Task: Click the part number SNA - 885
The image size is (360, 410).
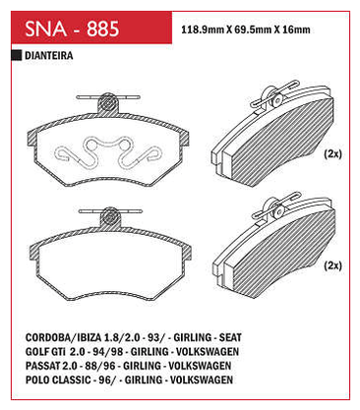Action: click(72, 29)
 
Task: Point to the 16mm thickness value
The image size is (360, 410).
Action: click(296, 29)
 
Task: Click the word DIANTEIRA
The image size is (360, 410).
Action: click(49, 55)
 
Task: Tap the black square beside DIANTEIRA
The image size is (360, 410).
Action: click(17, 55)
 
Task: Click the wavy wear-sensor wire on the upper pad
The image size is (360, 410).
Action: click(108, 152)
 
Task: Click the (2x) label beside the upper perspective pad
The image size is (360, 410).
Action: click(332, 153)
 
